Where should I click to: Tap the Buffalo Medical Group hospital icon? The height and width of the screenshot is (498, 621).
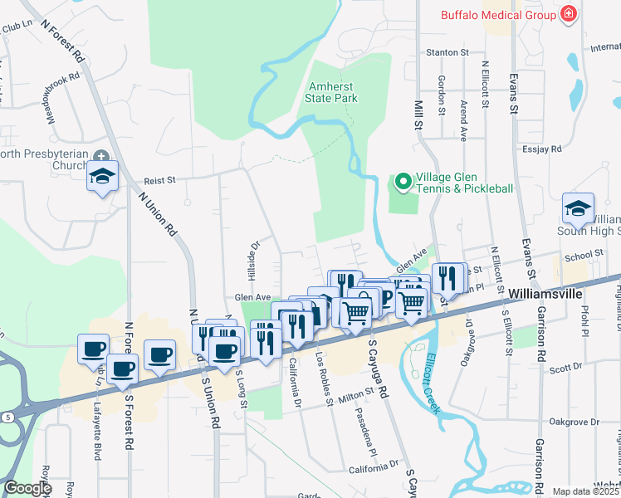tap(569, 14)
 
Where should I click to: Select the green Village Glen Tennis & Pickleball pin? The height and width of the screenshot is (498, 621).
tap(403, 181)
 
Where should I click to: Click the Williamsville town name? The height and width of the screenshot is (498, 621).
tap(545, 295)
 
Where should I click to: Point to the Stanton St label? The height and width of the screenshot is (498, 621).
tap(447, 52)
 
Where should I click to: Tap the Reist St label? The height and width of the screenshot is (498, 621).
tap(160, 179)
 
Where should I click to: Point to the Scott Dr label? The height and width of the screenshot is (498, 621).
tap(566, 367)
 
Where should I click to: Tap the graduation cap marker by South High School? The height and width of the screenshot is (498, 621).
tap(578, 208)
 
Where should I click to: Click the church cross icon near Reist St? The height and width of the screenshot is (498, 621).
tap(101, 156)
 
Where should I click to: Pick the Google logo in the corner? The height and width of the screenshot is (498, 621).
tap(27, 489)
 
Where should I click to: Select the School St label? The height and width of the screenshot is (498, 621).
tap(583, 254)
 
